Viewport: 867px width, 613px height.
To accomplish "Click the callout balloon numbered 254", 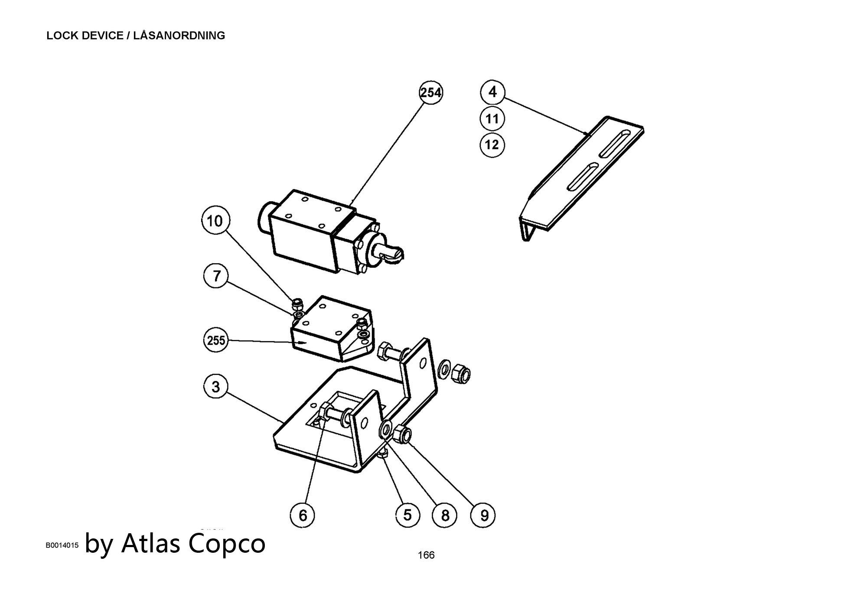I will (431, 93).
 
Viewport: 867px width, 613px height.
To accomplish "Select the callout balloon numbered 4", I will (492, 92).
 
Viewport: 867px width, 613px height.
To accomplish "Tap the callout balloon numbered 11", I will (492, 118).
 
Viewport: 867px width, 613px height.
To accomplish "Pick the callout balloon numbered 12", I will (492, 144).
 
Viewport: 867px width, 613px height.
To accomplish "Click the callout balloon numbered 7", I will (216, 275).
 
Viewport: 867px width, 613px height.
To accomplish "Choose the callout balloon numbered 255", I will (215, 340).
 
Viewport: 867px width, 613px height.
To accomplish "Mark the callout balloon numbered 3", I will (216, 386).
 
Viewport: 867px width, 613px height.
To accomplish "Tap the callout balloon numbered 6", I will (303, 515).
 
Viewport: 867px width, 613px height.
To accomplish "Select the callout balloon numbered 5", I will (407, 515).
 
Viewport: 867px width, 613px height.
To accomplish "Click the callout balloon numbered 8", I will (445, 515).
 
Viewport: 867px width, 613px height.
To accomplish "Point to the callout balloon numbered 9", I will (483, 515).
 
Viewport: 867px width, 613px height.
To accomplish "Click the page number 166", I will (426, 555).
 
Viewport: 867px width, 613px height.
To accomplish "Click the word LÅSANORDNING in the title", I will (179, 36).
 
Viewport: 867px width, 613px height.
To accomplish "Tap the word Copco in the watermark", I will (227, 543).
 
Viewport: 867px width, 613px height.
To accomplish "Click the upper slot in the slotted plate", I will (615, 143).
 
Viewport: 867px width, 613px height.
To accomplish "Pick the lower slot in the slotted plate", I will (583, 177).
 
